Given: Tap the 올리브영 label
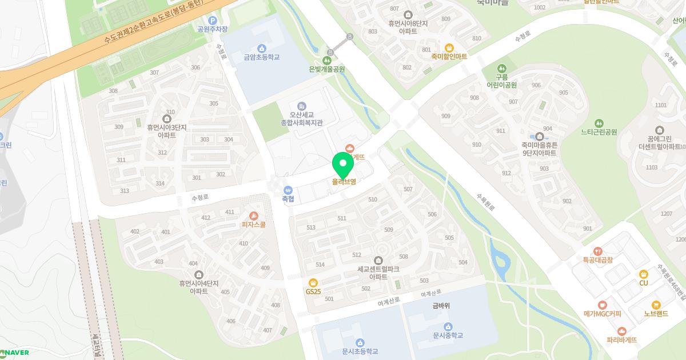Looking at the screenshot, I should click(x=344, y=182).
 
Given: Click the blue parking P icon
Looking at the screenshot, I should click(x=212, y=20).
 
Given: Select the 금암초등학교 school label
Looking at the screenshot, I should click(x=261, y=57).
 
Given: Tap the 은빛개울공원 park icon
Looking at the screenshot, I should click(x=327, y=60).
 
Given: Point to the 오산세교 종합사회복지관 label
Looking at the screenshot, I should click(x=302, y=119).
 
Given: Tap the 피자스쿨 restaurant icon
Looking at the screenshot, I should click(x=254, y=215).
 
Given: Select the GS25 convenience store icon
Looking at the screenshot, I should click(x=313, y=282).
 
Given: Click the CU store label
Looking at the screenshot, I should click(x=644, y=283).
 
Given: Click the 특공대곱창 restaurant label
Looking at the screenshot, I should click(x=598, y=260).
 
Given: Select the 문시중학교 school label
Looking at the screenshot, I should click(x=448, y=335).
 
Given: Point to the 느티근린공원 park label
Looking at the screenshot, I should click(x=599, y=132).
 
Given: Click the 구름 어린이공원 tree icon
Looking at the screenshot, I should click(x=501, y=68).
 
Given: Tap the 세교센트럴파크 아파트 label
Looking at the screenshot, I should click(x=378, y=273).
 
